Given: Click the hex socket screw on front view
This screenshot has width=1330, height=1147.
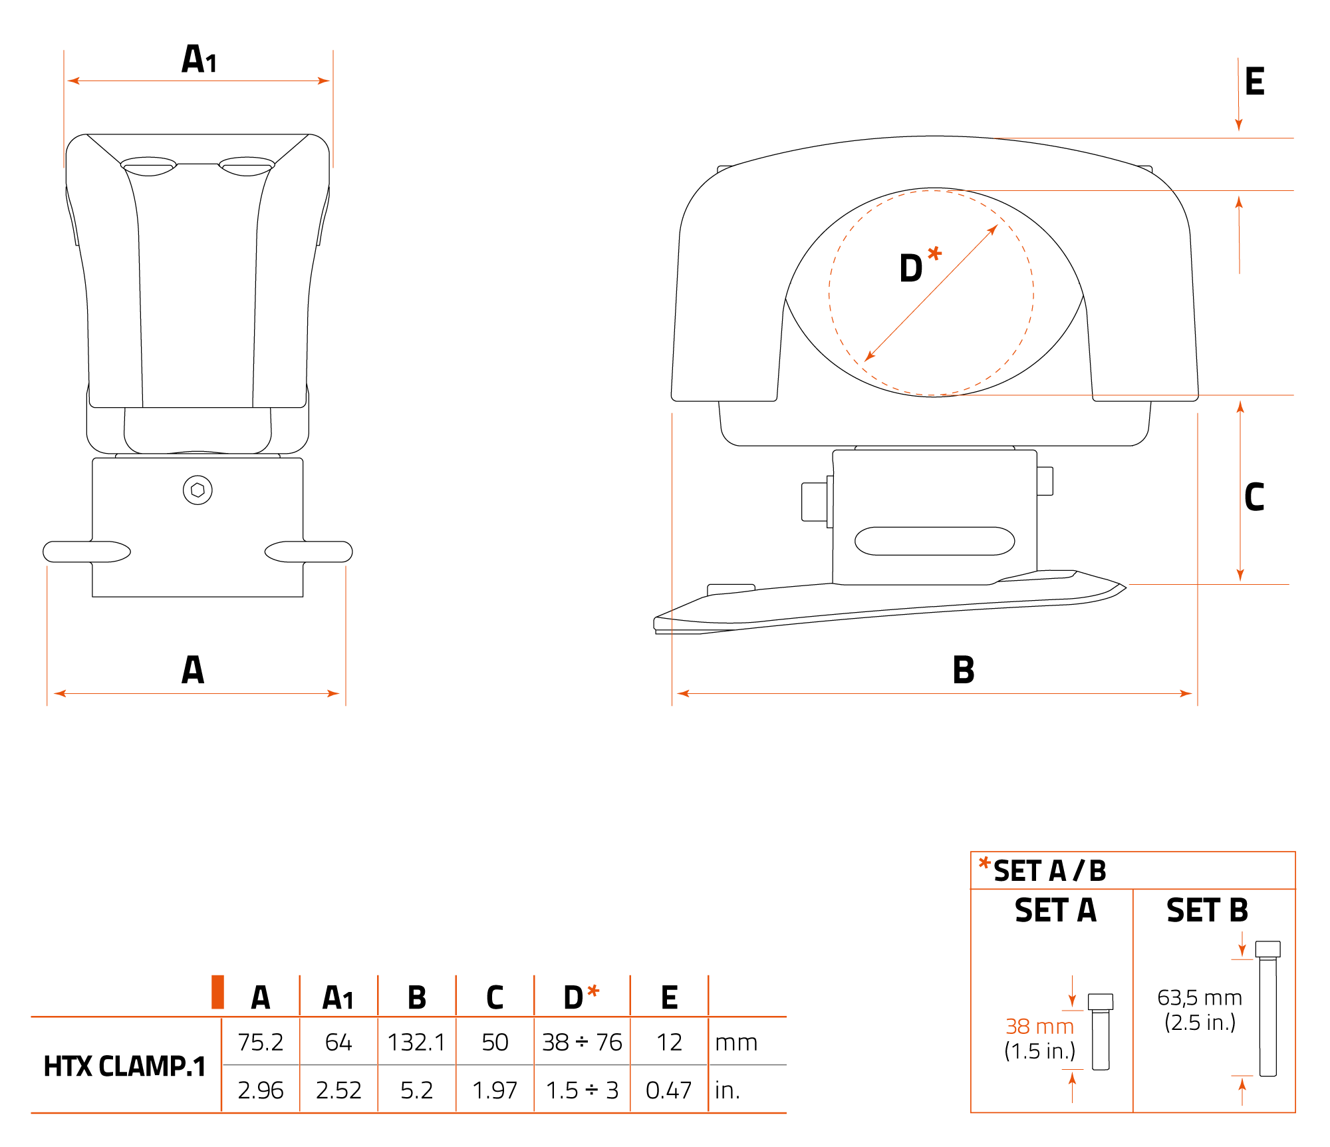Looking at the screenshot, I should tap(198, 490).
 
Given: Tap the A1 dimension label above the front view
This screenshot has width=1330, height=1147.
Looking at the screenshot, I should tap(199, 59).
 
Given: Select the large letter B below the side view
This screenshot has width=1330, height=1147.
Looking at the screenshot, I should tap(963, 670).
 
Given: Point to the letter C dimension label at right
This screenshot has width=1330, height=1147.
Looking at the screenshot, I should tap(1254, 497).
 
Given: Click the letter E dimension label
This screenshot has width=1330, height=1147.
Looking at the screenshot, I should tap(1254, 82).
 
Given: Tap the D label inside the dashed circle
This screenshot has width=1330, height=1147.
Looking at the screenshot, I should tap(911, 268).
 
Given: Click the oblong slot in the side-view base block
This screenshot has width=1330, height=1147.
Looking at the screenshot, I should tap(934, 541).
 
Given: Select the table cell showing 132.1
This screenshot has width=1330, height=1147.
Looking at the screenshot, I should tap(416, 1042).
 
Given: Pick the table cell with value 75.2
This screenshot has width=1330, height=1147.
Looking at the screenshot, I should tap(261, 1042).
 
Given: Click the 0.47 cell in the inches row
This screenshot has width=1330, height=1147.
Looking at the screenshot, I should tap(668, 1090).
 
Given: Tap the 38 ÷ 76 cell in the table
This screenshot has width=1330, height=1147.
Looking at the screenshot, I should tap(582, 1042).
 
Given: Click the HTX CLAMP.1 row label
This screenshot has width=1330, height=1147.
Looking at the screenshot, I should tap(124, 1066).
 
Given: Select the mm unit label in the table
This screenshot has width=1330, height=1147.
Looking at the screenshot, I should tap(736, 1042).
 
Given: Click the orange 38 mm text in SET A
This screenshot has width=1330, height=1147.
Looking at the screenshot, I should tap(1039, 1027).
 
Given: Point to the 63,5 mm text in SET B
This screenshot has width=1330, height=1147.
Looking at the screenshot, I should tap(1200, 998).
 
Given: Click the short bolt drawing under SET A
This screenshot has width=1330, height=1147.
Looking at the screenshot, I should tap(1101, 1031).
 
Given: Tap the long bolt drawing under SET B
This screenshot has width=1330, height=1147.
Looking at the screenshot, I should tap(1267, 1008).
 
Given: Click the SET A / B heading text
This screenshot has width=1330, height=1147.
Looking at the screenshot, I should tap(1049, 871).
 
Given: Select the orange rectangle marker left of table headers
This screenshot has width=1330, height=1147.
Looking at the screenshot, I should tap(217, 992).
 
